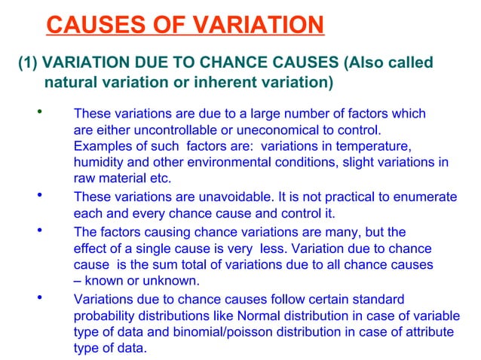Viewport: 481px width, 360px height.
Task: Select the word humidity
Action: point(100,163)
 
